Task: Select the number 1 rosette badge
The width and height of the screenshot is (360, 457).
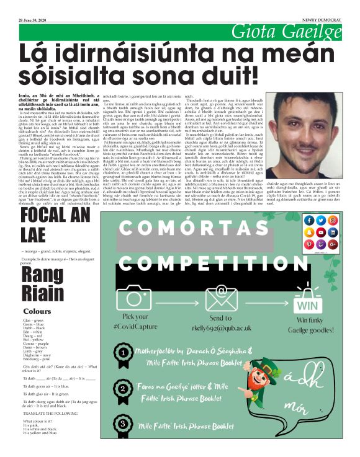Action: [124, 352]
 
